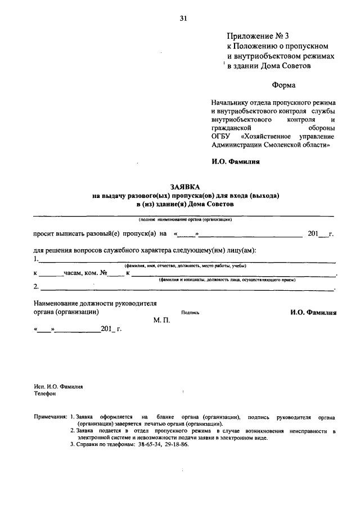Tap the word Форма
click(x=283, y=85)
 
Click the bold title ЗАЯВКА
click(x=186, y=186)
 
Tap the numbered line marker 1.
click(x=36, y=259)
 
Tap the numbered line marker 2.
click(x=36, y=286)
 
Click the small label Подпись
click(x=190, y=313)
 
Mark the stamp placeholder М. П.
click(x=161, y=320)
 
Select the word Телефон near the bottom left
click(x=45, y=394)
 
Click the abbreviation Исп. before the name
click(x=39, y=386)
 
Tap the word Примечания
click(x=50, y=417)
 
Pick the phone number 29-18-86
click(x=174, y=444)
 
